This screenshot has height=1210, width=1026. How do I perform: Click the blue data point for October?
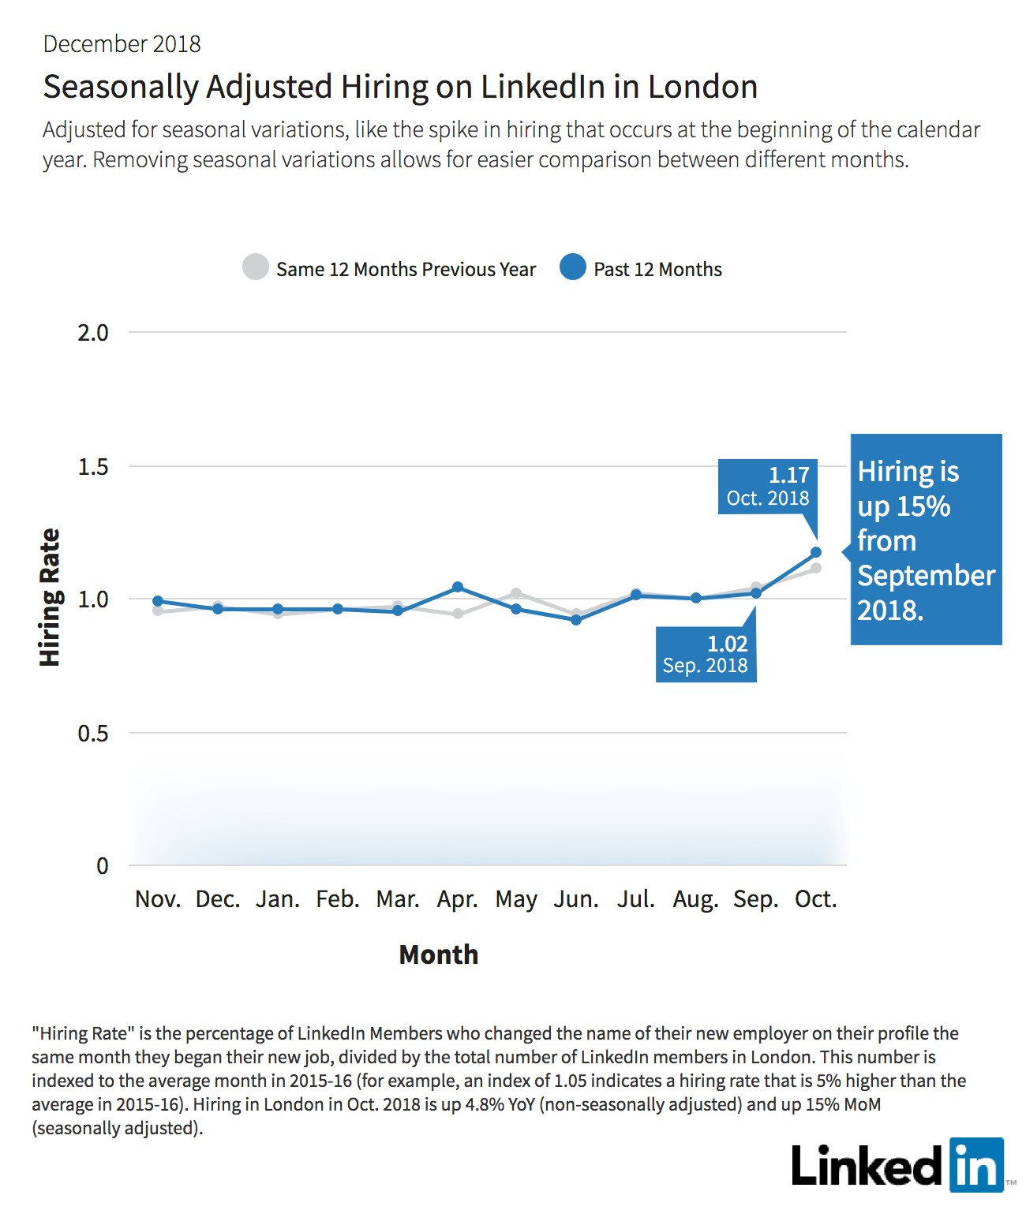click(x=816, y=552)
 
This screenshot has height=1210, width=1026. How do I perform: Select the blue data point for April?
click(x=458, y=587)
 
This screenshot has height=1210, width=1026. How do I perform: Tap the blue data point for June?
click(x=576, y=619)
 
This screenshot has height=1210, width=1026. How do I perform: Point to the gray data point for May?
click(x=516, y=594)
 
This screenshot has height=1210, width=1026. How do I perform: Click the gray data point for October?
click(x=816, y=568)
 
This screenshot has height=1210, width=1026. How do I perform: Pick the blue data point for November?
click(x=158, y=601)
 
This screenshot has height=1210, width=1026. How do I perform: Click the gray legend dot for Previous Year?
click(x=256, y=267)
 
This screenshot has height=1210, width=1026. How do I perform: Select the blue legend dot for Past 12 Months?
click(x=573, y=267)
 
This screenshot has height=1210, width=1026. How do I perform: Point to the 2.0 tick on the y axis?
click(x=93, y=333)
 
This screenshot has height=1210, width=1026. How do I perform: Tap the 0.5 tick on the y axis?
click(x=93, y=732)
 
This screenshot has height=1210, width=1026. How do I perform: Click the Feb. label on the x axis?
click(x=338, y=899)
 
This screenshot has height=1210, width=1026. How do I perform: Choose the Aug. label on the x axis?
click(x=696, y=900)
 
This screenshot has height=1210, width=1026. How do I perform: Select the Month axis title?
click(x=439, y=954)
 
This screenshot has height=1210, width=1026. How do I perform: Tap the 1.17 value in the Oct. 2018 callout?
click(x=788, y=475)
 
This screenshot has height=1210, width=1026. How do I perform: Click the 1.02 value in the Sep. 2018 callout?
click(x=728, y=644)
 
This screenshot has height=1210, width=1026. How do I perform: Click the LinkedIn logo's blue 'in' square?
click(x=977, y=1165)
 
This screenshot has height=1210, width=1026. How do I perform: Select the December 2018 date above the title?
click(x=122, y=44)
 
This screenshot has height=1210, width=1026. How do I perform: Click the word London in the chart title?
click(x=702, y=87)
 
